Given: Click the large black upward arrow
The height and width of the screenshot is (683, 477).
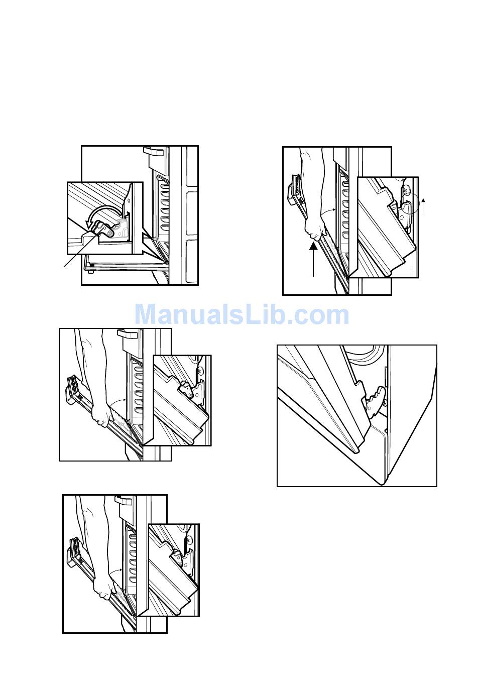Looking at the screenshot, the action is tap(313, 258).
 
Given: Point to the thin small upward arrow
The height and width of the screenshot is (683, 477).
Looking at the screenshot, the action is tap(423, 206).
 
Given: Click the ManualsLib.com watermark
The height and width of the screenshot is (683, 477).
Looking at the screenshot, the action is tap(242, 314).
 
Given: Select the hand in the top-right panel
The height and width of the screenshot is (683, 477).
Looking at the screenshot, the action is tap(314, 229).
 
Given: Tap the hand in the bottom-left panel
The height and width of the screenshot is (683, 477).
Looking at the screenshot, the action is tap(104, 587).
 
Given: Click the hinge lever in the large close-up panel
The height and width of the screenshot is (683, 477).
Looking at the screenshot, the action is tap(376, 402).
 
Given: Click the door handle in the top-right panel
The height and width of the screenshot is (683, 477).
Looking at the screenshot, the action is tap(295, 190).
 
